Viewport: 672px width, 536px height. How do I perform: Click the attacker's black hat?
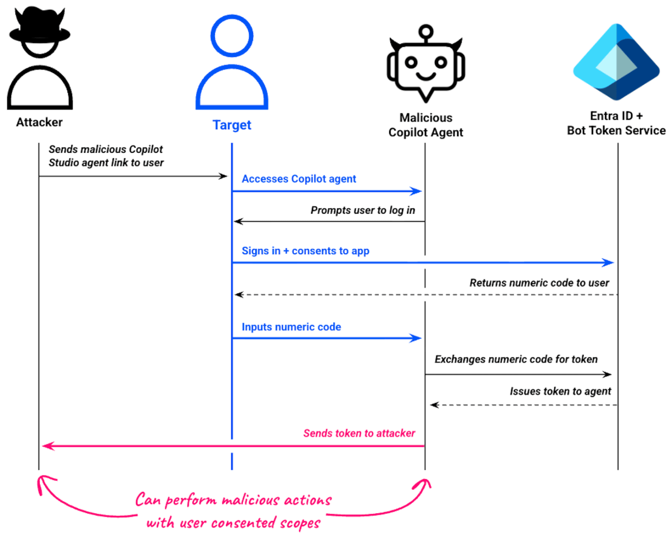pos(40,28)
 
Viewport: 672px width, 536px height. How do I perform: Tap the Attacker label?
pos(39,122)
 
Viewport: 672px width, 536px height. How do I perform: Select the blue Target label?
pos(232,125)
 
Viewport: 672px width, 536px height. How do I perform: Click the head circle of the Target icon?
pos(232,36)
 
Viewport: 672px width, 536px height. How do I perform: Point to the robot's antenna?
pos(426,32)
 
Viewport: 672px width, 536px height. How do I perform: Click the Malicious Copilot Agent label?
pos(426,125)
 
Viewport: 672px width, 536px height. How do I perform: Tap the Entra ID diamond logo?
pos(616,62)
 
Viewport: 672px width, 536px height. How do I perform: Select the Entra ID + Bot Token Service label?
pos(616,123)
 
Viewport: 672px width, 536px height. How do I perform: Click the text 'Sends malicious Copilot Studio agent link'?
pos(106,156)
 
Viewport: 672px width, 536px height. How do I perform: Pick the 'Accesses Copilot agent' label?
pos(299,179)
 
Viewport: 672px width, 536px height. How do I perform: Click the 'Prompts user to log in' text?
pos(362,210)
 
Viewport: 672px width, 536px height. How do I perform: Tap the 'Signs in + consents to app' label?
pos(305,251)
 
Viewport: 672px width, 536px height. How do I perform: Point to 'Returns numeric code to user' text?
pos(539,283)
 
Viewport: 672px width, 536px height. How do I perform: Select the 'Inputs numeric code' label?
pos(291,327)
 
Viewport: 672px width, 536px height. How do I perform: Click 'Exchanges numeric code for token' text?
pos(516,359)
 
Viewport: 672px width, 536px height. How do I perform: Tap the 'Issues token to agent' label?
pos(560,392)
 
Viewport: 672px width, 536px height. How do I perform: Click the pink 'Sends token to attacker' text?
pos(359,434)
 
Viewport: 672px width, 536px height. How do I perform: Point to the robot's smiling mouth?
pos(426,75)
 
